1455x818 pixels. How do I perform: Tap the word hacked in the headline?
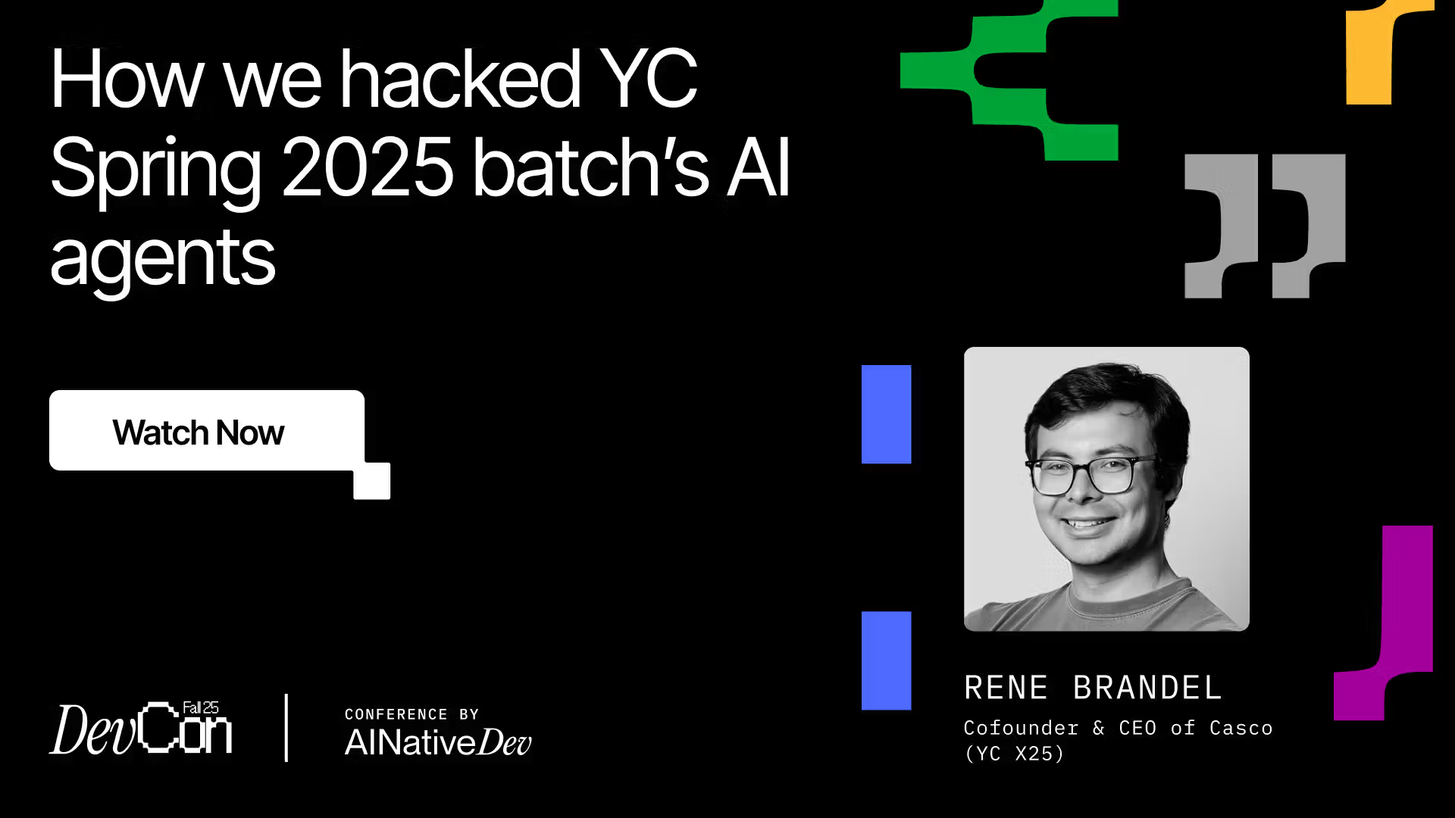[x=459, y=79]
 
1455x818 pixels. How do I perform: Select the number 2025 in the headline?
[x=368, y=167]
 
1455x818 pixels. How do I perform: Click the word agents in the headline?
[x=162, y=259]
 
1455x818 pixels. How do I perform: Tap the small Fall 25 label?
[x=201, y=707]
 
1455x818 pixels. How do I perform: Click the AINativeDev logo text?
[x=438, y=742]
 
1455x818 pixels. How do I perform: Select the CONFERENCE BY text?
[x=411, y=714]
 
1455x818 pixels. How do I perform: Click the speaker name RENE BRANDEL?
[x=1093, y=688]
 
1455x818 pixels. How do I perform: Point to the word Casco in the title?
[x=1241, y=728]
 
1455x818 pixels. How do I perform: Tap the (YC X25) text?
[x=1014, y=754]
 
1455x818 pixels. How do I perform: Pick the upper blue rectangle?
[x=886, y=414]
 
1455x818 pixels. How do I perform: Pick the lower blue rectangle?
[x=886, y=660]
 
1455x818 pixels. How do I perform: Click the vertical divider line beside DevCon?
[x=286, y=728]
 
